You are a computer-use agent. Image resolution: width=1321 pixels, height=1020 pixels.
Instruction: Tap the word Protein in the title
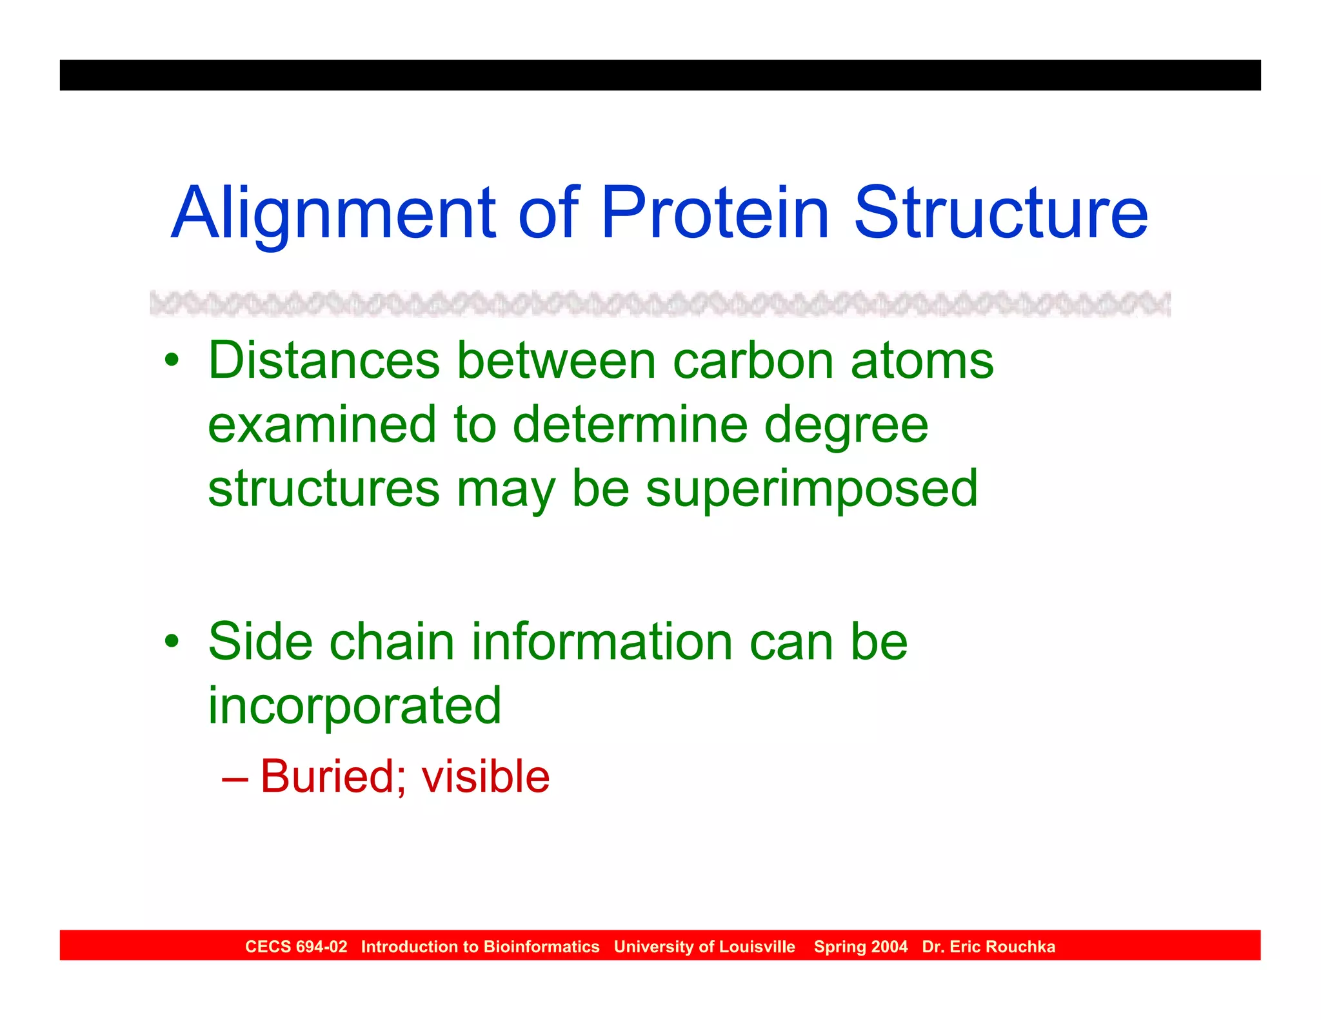tap(715, 213)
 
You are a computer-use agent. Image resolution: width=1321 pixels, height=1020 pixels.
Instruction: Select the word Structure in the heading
tap(1000, 213)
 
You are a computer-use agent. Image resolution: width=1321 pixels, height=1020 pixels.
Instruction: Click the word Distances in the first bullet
tap(324, 360)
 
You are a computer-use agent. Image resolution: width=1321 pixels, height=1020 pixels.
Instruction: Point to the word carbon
tap(753, 360)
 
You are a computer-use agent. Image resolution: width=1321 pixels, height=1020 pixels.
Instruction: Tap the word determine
tap(630, 425)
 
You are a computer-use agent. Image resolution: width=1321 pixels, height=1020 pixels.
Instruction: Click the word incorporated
tap(354, 706)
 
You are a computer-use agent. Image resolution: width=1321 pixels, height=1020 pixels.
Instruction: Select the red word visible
tap(485, 776)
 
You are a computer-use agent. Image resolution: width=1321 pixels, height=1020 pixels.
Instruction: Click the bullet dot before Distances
tap(171, 361)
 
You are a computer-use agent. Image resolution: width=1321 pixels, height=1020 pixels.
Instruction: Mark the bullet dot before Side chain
tap(171, 642)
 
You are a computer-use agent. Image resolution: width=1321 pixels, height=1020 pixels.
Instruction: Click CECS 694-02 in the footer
tap(296, 946)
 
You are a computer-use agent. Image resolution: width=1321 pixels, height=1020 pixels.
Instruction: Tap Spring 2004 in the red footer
tap(860, 946)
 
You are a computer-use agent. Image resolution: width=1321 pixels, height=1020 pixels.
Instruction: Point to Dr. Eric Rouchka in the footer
tap(988, 946)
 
